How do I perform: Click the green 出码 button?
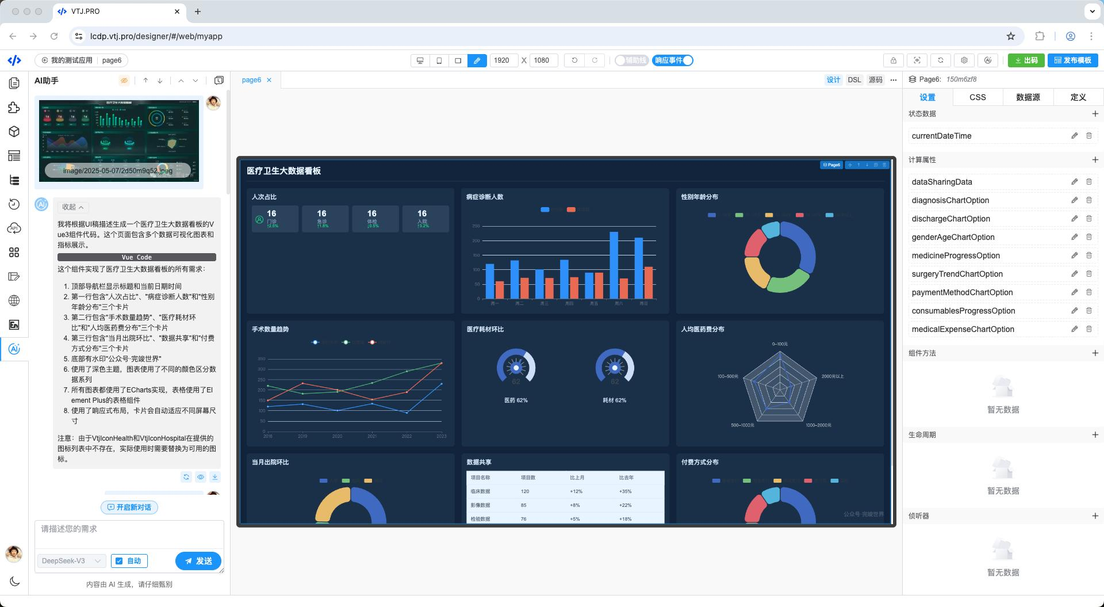[x=1026, y=60]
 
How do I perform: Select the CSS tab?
[x=977, y=97]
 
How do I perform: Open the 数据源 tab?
[x=1028, y=97]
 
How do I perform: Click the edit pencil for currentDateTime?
[x=1074, y=136]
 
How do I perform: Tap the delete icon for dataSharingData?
[x=1088, y=182]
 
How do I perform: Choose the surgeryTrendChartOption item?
[x=957, y=274]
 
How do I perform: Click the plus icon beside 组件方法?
[x=1095, y=353]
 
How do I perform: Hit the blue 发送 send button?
[x=198, y=561]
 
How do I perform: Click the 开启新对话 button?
[x=129, y=507]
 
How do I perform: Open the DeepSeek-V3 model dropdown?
[x=71, y=561]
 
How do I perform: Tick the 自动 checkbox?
[x=120, y=561]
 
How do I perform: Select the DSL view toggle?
[x=854, y=80]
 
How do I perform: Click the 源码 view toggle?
[x=875, y=80]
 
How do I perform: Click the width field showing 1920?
[x=502, y=60]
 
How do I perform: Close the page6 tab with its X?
[x=269, y=80]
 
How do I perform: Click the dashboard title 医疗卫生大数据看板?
[x=283, y=171]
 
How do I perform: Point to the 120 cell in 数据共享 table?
[x=524, y=491]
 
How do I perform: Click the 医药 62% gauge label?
[x=516, y=400]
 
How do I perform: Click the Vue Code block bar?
[x=137, y=257]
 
